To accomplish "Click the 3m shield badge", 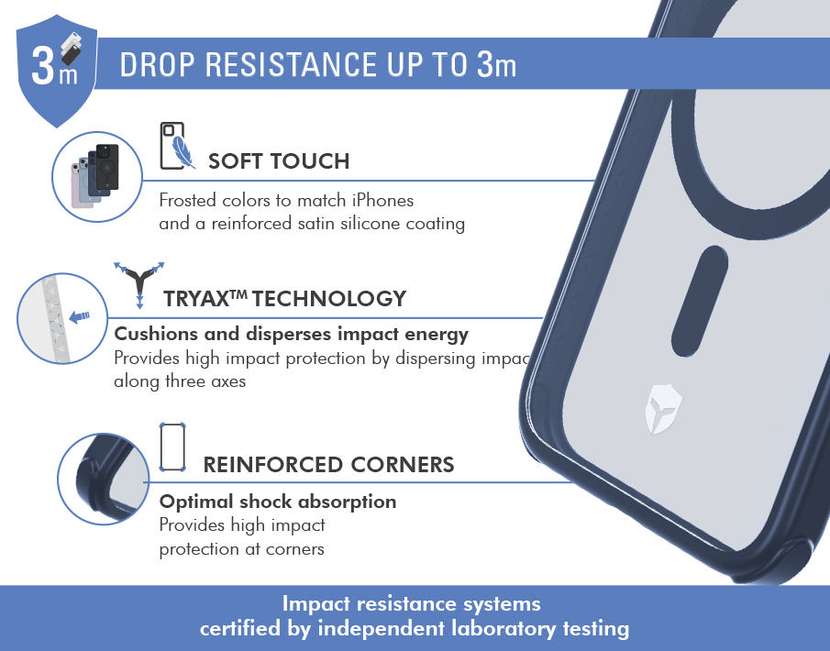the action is [57, 71].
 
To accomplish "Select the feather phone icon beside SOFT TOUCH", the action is [177, 146].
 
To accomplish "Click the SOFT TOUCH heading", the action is [279, 161].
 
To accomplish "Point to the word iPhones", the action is [382, 200].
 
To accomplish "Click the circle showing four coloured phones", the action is [97, 177].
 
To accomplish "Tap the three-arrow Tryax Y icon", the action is [139, 284].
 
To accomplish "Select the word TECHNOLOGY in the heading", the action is [329, 299].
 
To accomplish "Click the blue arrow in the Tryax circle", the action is [80, 316].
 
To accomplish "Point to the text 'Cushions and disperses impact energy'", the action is [291, 334].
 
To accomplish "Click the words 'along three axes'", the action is [180, 381].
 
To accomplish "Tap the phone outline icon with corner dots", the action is [172, 447].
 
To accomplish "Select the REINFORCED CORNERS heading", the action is [328, 465].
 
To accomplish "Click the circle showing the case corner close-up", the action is [104, 480].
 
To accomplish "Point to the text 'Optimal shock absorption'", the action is [278, 502].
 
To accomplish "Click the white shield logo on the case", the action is [663, 410].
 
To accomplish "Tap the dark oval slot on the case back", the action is [700, 301].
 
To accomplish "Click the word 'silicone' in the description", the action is [370, 224].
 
